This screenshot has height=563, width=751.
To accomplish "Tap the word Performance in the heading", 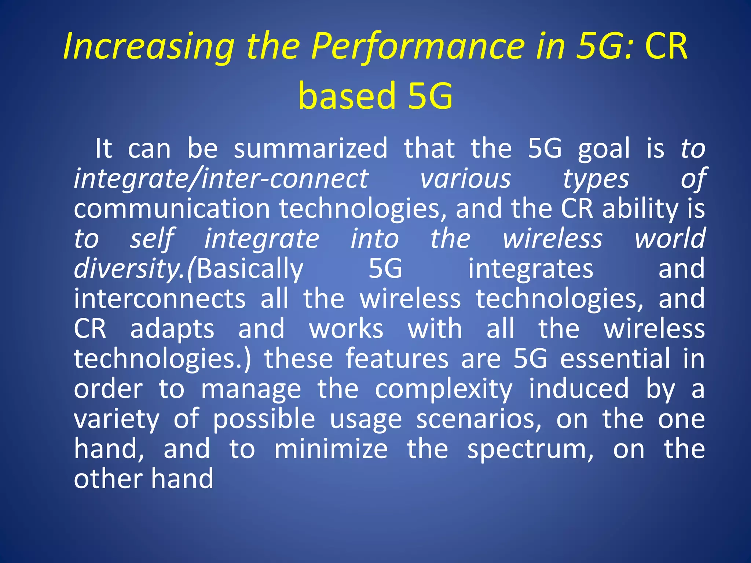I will click(418, 47).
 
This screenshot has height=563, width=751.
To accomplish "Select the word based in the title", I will click(347, 96).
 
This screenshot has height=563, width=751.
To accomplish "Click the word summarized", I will click(311, 148).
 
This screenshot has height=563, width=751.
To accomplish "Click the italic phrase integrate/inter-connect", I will click(221, 179).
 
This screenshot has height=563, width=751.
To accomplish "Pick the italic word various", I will click(465, 179).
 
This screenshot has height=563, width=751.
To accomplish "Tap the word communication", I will click(172, 209).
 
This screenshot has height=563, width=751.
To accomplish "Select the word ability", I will click(640, 209).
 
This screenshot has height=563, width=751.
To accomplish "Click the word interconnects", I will click(160, 298).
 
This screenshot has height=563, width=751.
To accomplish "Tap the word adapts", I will click(172, 329).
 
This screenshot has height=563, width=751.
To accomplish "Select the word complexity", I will click(443, 389).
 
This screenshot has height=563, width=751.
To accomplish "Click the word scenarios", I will click(479, 419).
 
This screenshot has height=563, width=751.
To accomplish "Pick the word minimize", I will click(331, 449).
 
